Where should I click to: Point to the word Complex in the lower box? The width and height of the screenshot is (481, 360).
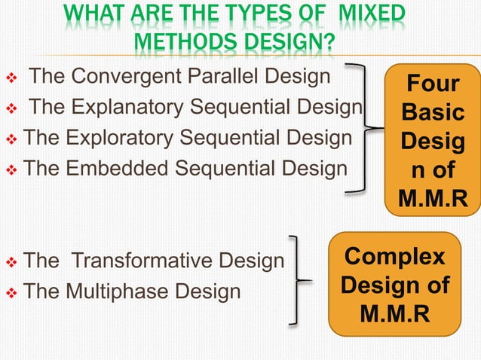[x=394, y=257]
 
